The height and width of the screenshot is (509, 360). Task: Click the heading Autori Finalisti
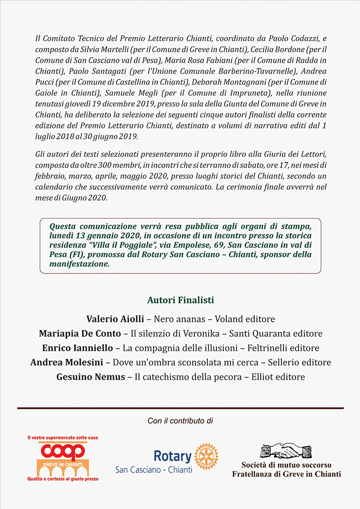(x=180, y=300)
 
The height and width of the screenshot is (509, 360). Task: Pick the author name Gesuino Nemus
(x=91, y=377)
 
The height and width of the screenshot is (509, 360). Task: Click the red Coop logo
(x=63, y=452)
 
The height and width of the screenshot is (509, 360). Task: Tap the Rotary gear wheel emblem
(x=206, y=456)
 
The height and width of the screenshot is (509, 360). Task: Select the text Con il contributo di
(x=180, y=421)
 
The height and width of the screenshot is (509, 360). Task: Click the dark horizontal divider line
(x=180, y=408)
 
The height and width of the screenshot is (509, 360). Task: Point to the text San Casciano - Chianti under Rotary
(x=154, y=469)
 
